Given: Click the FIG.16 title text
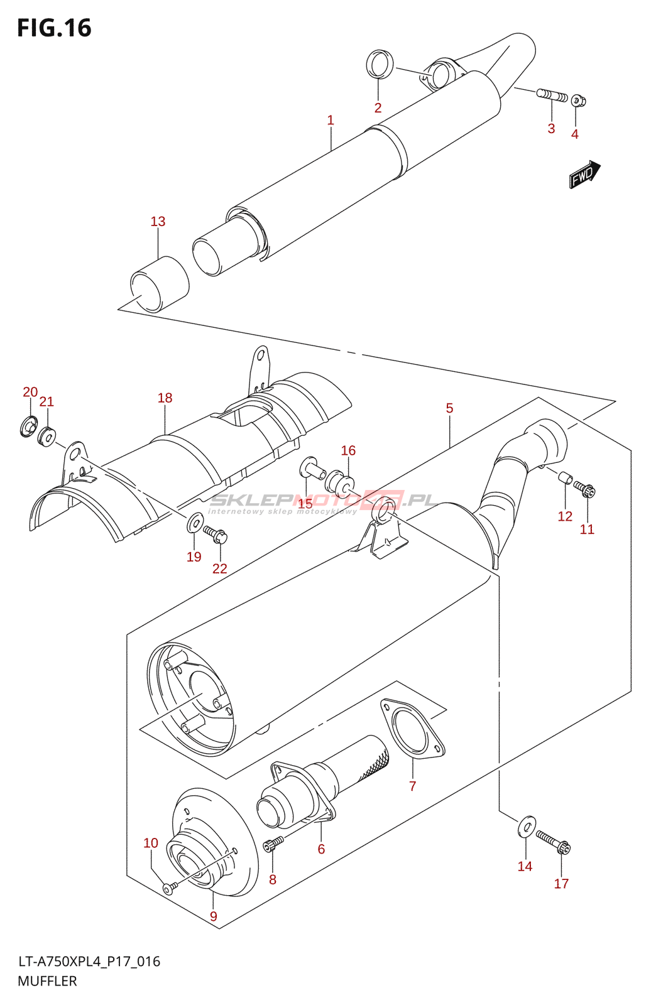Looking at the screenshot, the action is [x=54, y=28].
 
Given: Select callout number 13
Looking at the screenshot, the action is [x=158, y=221].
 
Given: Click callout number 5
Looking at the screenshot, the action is [x=449, y=408].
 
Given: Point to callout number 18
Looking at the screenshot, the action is [x=165, y=398].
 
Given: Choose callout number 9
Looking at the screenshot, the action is [x=213, y=916].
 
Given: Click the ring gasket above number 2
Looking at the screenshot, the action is [x=380, y=63].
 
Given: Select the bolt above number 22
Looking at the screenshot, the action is [x=216, y=533].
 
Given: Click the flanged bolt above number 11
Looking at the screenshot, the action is [x=584, y=489].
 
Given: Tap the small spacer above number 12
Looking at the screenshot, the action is [x=566, y=478].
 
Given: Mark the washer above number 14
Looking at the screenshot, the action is [x=526, y=827].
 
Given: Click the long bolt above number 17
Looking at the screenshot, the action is [x=553, y=842].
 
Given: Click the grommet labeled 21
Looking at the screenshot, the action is [x=46, y=435].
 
